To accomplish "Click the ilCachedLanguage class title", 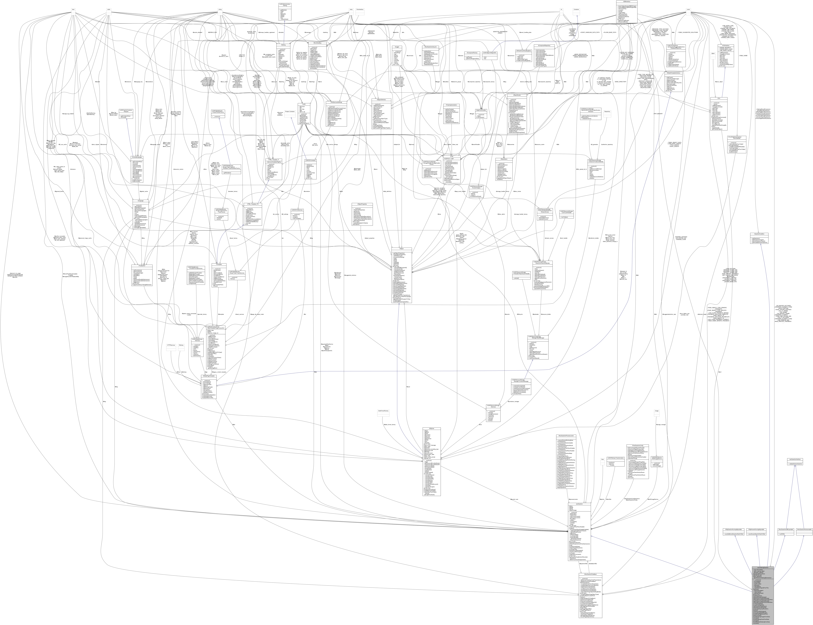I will [137, 157].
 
